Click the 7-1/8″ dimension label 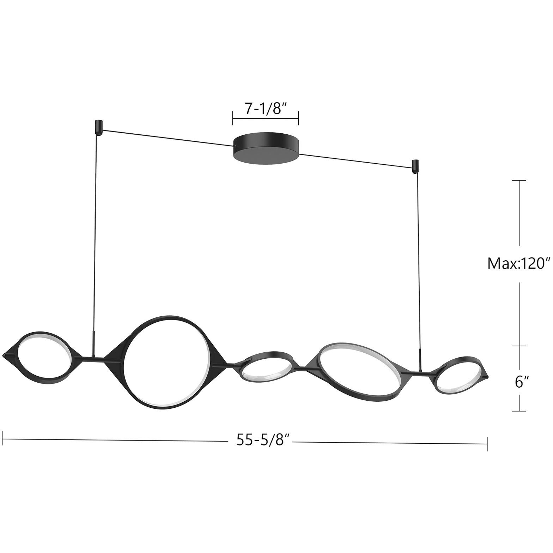click(265, 108)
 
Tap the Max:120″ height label click(519, 263)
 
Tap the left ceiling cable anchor click(98, 127)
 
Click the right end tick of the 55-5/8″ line click(487, 444)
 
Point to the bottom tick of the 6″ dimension click(519, 411)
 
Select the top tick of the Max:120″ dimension click(519, 181)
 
